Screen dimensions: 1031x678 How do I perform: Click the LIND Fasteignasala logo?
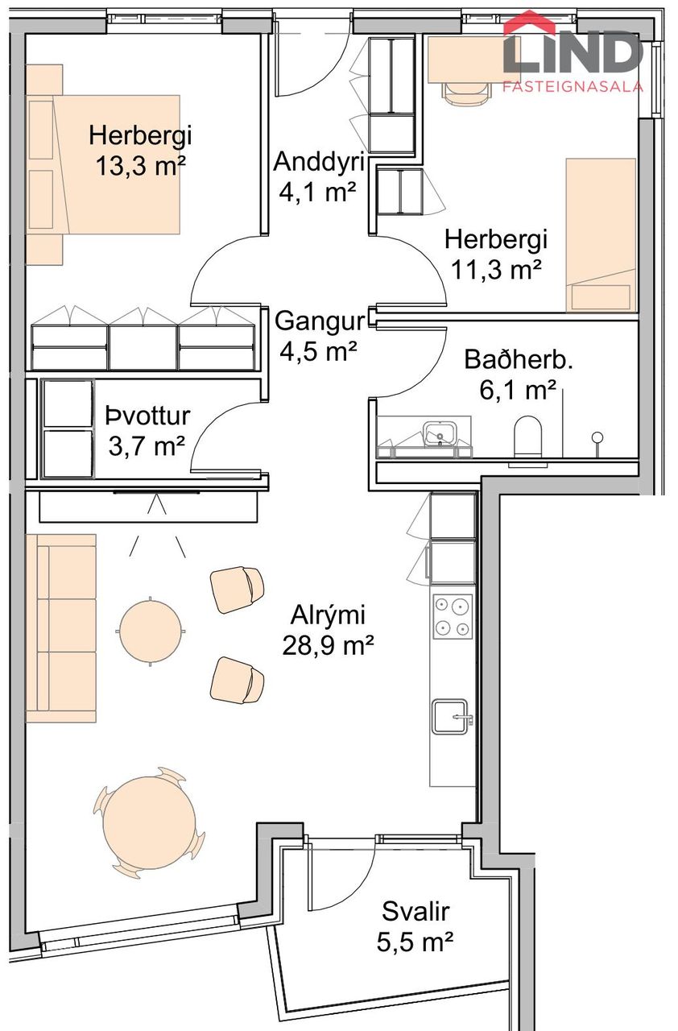(573, 52)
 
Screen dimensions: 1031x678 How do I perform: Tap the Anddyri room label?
(319, 161)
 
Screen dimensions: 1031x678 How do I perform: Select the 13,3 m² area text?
(141, 166)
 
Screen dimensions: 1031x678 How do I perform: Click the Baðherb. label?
(511, 359)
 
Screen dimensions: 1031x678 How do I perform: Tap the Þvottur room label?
(147, 416)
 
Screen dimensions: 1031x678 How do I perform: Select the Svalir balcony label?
(415, 912)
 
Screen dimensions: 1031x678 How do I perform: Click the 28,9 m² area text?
(329, 645)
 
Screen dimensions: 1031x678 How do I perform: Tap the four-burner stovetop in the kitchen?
(452, 616)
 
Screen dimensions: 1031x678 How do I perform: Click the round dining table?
(150, 821)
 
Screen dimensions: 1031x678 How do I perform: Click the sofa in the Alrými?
(60, 627)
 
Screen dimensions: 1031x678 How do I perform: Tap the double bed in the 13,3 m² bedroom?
(102, 165)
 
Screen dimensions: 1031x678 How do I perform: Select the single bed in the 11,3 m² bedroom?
(601, 234)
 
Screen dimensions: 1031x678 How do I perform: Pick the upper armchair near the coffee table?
(237, 586)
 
